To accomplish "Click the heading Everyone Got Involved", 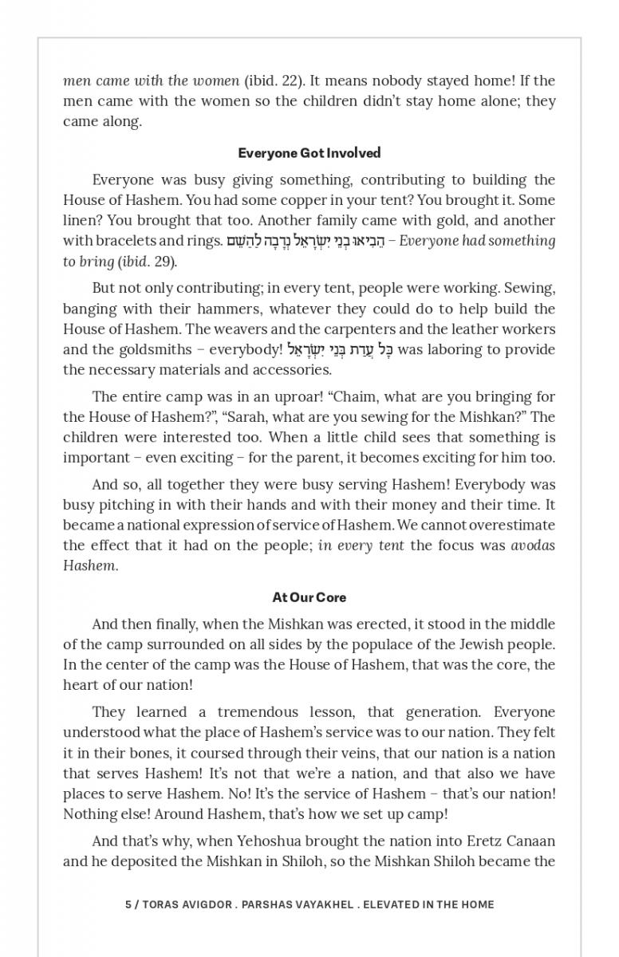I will click(309, 152).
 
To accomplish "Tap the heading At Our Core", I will click(309, 597).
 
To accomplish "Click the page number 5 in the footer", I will click(128, 904).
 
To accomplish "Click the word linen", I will click(81, 220).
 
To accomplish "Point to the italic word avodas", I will click(533, 545).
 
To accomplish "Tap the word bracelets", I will click(125, 241).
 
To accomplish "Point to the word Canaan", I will click(526, 841).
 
